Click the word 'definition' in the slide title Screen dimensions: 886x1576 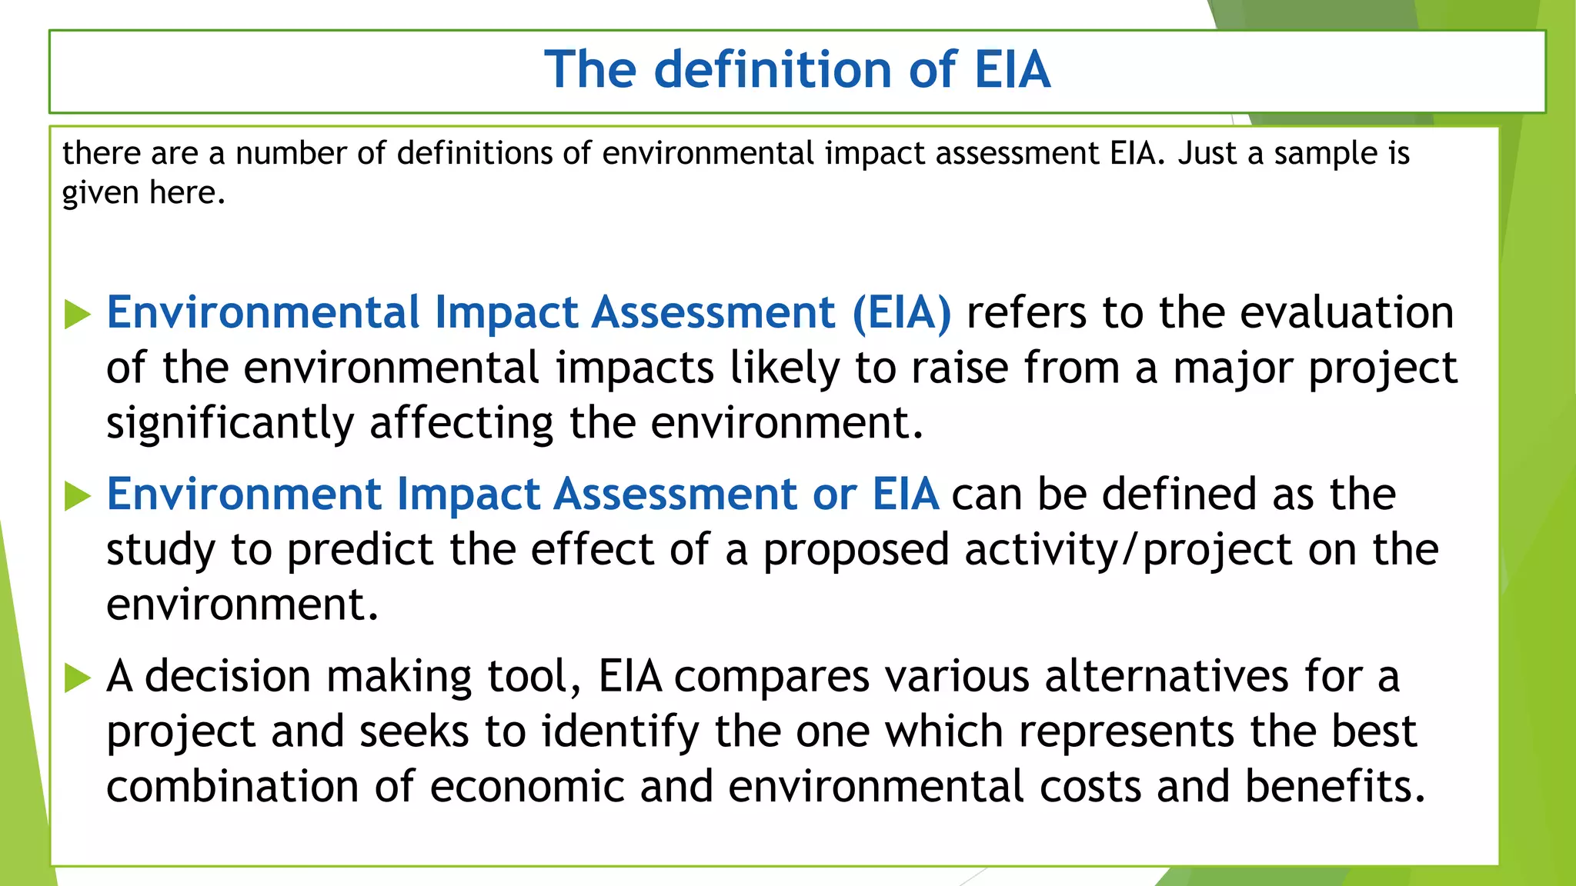click(774, 69)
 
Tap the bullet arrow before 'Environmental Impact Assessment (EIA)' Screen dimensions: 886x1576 click(78, 314)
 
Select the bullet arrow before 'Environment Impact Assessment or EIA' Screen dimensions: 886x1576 click(78, 495)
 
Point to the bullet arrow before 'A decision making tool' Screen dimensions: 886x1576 click(78, 678)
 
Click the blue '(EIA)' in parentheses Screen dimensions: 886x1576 click(902, 313)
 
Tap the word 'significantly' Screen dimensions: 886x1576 click(230, 424)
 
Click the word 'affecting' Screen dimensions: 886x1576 click(461, 424)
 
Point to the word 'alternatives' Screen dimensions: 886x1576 click(1166, 677)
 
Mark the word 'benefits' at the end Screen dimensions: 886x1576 click(1335, 787)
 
